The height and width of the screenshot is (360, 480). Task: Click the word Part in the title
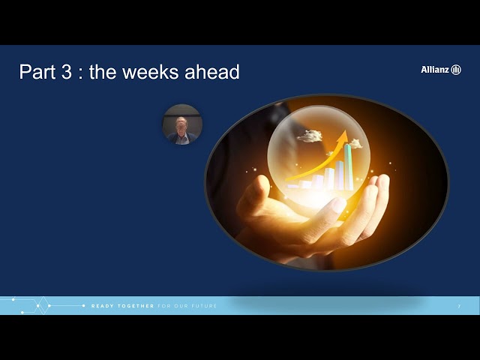click(38, 72)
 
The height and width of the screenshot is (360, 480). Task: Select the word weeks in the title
click(159, 72)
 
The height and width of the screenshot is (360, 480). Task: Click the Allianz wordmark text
click(435, 69)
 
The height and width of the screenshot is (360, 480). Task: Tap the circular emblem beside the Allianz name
click(456, 69)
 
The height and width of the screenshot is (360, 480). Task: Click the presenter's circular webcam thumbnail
click(182, 124)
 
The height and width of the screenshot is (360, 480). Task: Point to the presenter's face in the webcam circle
click(181, 123)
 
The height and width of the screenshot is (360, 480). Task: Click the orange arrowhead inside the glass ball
click(343, 137)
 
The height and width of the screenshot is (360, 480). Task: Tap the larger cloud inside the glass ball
click(309, 136)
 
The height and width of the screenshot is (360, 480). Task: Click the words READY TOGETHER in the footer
click(122, 306)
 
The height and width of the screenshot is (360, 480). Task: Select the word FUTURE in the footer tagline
click(204, 306)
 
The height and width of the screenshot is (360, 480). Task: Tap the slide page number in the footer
click(459, 306)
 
